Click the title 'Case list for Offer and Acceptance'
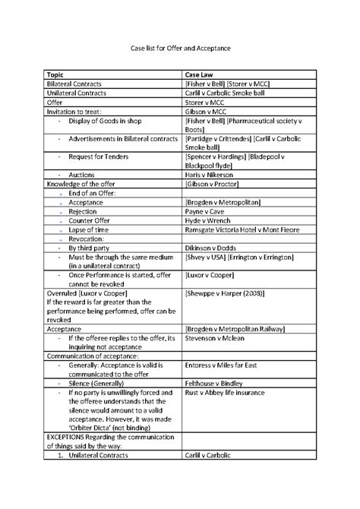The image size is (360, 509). pos(180,48)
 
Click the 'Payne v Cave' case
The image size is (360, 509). pos(206,211)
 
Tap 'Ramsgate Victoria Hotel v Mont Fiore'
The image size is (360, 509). pos(242,229)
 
